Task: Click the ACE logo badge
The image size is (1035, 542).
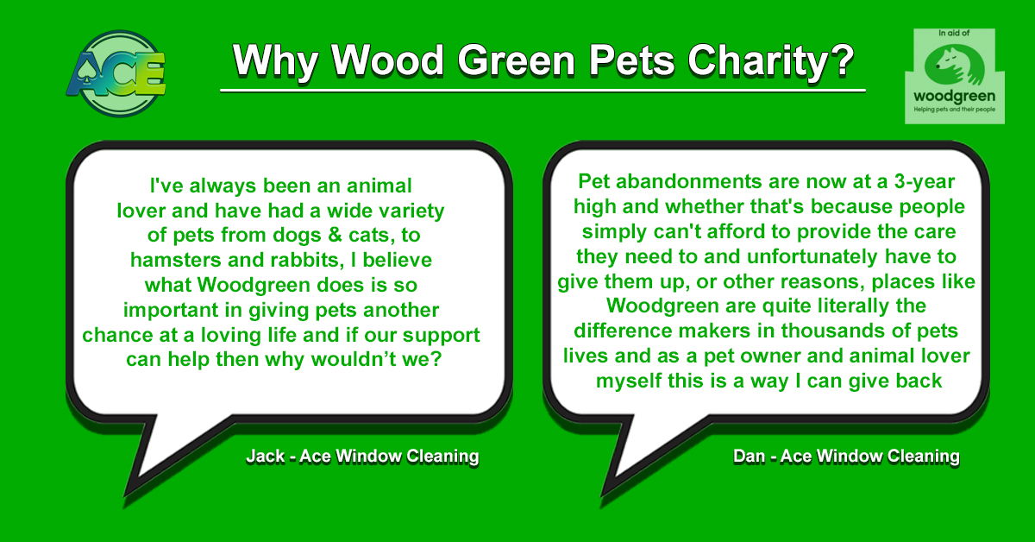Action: (117, 73)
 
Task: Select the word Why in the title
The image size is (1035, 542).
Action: (275, 61)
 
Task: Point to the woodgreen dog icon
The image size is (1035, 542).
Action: (954, 66)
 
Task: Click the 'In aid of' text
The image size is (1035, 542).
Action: (954, 34)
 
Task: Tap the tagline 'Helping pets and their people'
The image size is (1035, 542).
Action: (954, 110)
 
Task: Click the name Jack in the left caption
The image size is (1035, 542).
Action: (266, 456)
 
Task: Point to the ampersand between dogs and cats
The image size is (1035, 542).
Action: (335, 235)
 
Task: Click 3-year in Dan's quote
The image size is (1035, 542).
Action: (924, 182)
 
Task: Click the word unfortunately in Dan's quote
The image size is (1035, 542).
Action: (812, 256)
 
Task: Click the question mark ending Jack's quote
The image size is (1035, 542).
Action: (436, 359)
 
